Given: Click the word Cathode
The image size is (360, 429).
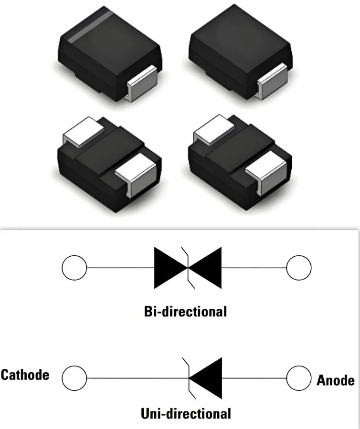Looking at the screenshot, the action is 25,375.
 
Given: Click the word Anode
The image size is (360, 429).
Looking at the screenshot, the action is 336,380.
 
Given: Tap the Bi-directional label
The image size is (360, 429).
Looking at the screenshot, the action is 185,312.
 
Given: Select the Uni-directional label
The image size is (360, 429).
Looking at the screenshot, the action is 186,413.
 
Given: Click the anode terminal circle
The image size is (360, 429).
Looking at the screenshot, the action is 299,378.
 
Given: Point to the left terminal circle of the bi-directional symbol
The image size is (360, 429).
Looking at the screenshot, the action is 74,267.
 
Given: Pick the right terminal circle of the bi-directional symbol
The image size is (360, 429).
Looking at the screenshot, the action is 299,267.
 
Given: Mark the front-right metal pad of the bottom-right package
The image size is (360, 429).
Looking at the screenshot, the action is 266,171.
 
